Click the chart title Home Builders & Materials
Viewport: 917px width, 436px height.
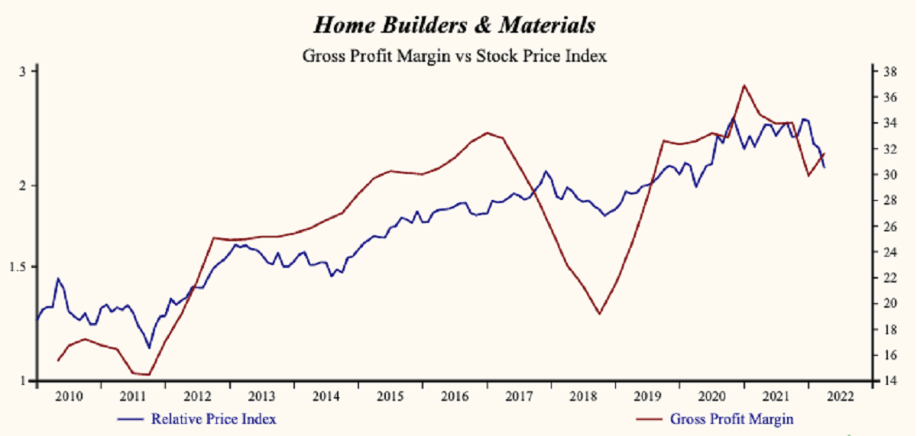454,25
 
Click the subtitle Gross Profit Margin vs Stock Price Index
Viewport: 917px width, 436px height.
454,56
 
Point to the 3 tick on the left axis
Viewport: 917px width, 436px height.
23,71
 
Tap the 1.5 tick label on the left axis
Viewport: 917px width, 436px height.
19,266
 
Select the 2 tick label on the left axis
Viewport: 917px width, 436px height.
23,186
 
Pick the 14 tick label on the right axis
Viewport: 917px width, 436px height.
889,381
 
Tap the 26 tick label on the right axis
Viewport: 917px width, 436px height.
889,227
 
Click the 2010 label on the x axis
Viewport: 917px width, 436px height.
69,396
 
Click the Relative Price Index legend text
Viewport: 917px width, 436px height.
213,419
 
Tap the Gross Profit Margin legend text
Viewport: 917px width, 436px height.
731,419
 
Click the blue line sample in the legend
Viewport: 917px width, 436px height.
131,419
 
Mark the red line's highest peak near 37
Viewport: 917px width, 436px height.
744,85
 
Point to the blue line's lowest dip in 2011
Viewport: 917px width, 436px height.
150,348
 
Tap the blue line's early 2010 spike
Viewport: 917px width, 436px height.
57,279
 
